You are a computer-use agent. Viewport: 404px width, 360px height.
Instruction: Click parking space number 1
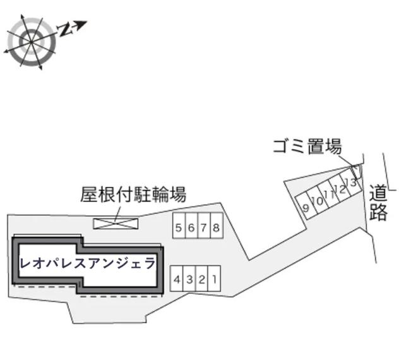[215, 279]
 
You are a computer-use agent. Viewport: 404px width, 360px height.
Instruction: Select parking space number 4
[177, 279]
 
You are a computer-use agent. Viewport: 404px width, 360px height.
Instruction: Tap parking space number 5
[179, 225]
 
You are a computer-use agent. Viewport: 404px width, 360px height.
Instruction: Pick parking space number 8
[217, 225]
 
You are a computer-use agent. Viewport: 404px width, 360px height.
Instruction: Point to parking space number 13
[351, 183]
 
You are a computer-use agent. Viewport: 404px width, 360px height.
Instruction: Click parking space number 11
[328, 195]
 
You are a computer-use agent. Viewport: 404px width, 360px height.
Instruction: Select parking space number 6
[191, 225]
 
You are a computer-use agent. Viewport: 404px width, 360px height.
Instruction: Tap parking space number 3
[189, 279]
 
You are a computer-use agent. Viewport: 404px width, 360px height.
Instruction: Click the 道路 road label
[378, 203]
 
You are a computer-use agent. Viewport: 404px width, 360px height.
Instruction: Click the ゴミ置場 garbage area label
[307, 147]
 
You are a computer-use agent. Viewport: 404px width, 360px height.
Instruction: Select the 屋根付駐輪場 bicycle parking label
[133, 195]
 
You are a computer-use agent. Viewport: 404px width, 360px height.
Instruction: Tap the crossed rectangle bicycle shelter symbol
[116, 224]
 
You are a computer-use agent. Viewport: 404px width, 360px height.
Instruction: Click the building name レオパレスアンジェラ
[88, 263]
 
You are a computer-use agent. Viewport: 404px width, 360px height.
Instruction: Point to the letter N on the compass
[64, 30]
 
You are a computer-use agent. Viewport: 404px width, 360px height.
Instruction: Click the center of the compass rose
[32, 42]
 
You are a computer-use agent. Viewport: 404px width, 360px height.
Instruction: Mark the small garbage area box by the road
[357, 172]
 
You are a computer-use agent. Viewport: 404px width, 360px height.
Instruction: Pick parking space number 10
[317, 201]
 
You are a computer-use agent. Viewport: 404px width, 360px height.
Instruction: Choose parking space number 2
[202, 279]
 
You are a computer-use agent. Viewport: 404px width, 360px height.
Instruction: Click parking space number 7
[204, 225]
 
